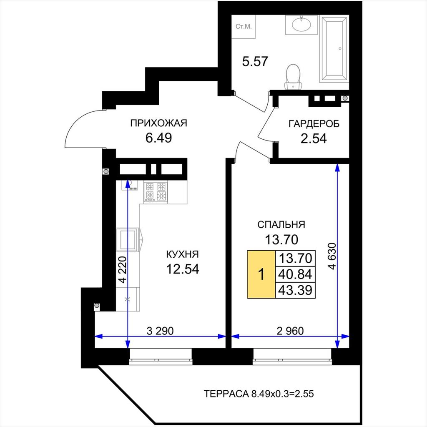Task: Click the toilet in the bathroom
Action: (x=293, y=77)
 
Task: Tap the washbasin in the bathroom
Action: (x=301, y=25)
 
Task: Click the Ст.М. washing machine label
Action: (x=244, y=27)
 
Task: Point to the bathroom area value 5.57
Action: (x=255, y=62)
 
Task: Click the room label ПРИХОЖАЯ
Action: (x=159, y=123)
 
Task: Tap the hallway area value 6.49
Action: (x=159, y=138)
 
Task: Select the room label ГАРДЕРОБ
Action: (x=314, y=124)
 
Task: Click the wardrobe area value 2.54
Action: (x=314, y=138)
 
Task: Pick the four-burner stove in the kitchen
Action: (x=156, y=192)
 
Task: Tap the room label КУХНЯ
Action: (x=183, y=254)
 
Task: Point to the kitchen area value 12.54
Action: (x=183, y=269)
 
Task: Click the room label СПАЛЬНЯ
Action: (x=281, y=225)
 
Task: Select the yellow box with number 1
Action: (x=261, y=274)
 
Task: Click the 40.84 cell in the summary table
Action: (x=295, y=274)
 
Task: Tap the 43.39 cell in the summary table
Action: (x=295, y=290)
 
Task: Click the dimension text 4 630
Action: (x=332, y=256)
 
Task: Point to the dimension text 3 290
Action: (x=160, y=331)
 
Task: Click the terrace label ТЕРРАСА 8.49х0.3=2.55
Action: (x=259, y=394)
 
